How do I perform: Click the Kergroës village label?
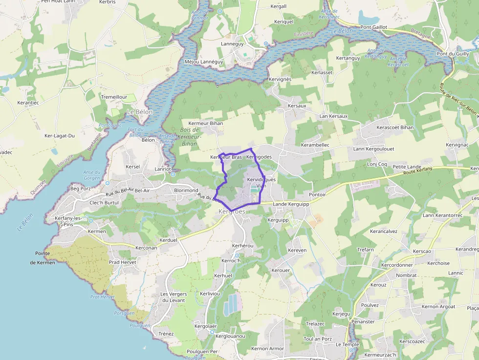tap(232, 212)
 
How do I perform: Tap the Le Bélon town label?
tap(140, 112)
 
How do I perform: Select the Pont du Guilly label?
tap(453, 54)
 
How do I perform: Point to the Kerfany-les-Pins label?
tap(68, 221)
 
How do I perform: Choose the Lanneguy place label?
tap(232, 43)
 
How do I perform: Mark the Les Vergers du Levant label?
tap(174, 297)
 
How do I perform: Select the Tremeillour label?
tap(114, 97)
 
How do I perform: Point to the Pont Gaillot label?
tap(374, 27)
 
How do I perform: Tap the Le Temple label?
tap(347, 344)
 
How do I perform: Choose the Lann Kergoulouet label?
tap(373, 148)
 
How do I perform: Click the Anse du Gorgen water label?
tap(91, 175)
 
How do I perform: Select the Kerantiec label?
tap(28, 103)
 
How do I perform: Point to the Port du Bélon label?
tap(135, 132)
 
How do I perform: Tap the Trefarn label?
tap(365, 250)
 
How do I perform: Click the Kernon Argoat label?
tap(438, 307)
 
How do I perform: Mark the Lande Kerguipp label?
tap(291, 204)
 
